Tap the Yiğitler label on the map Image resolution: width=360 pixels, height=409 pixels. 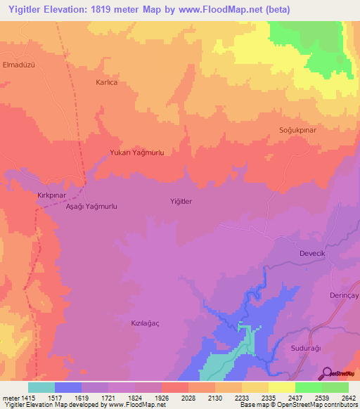181,202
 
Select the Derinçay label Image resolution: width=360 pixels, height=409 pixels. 344,296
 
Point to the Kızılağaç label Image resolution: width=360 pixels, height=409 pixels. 146,323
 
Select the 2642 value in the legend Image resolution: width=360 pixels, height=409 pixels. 349,398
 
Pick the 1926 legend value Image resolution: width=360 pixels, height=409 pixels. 162,398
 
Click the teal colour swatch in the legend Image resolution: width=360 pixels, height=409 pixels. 41,387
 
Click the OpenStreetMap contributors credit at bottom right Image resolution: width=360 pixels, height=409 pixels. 310,405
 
